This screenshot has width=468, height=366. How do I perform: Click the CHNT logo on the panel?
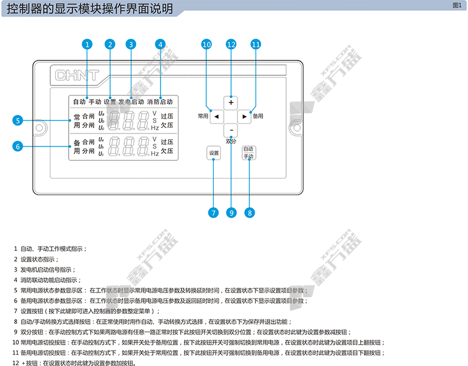click(76, 76)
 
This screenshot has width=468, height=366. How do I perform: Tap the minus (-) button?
click(232, 130)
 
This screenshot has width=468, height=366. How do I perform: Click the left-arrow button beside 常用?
click(217, 116)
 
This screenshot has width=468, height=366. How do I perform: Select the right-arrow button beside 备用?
click(245, 116)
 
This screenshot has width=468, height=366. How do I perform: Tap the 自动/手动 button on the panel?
click(248, 153)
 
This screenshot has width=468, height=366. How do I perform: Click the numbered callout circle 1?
click(87, 44)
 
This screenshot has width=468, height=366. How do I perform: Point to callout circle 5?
click(18, 120)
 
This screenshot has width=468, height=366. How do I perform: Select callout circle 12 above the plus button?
click(231, 44)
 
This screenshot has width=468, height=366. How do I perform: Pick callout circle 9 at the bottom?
click(232, 212)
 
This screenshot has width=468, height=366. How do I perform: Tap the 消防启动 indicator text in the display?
click(160, 102)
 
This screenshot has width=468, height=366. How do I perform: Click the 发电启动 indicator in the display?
click(131, 102)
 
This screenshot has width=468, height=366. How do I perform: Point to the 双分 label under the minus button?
click(231, 141)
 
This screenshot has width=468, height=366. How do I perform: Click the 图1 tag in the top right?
click(456, 5)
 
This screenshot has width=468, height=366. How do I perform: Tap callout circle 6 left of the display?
click(18, 145)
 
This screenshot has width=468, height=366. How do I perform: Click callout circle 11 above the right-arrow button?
click(255, 44)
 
